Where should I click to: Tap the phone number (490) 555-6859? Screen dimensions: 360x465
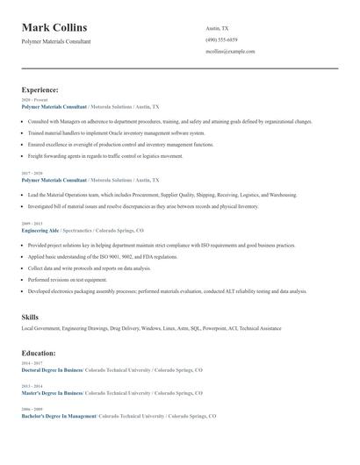[221, 39]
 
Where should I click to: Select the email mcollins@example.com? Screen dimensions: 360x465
[230, 51]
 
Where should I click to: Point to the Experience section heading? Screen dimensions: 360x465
[40, 89]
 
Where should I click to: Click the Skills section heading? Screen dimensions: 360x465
[31, 316]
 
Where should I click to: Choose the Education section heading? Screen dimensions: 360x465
[39, 353]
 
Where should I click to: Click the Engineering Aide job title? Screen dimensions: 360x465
[40, 230]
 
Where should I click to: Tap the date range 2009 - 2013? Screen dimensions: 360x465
[31, 223]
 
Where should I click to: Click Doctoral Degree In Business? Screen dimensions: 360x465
[52, 370]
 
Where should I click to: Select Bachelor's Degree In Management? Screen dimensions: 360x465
[59, 416]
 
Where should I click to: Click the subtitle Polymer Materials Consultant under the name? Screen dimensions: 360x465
[55, 41]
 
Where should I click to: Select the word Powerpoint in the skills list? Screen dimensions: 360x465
[215, 328]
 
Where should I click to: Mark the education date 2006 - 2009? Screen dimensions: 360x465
[31, 409]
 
